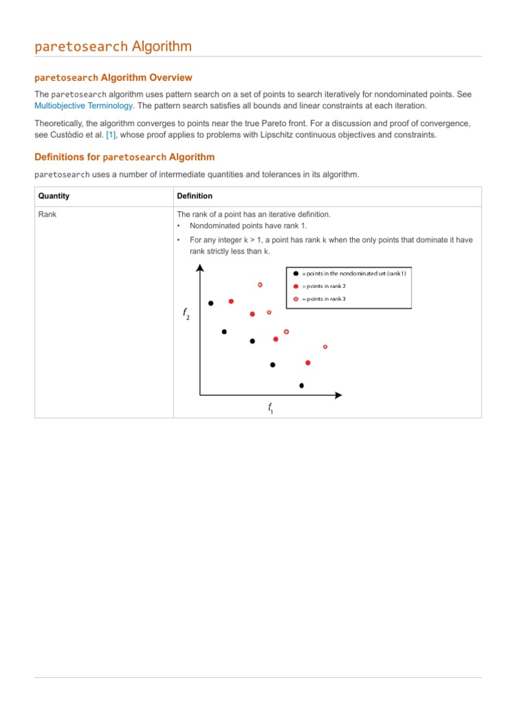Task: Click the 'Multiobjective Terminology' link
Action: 84,106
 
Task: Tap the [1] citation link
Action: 111,135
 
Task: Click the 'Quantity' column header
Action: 53,196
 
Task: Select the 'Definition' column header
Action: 194,196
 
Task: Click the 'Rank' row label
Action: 47,215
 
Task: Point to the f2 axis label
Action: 186,314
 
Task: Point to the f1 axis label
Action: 271,409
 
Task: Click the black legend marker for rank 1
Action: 295,274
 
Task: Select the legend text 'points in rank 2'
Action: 328,286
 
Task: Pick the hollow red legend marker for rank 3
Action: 295,299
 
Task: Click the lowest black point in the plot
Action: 301,385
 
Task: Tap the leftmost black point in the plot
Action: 211,303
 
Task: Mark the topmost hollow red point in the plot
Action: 260,285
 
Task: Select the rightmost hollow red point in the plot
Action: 325,347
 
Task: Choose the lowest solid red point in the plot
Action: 308,363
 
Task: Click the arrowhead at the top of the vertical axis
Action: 200,268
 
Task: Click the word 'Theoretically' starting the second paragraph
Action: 60,123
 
